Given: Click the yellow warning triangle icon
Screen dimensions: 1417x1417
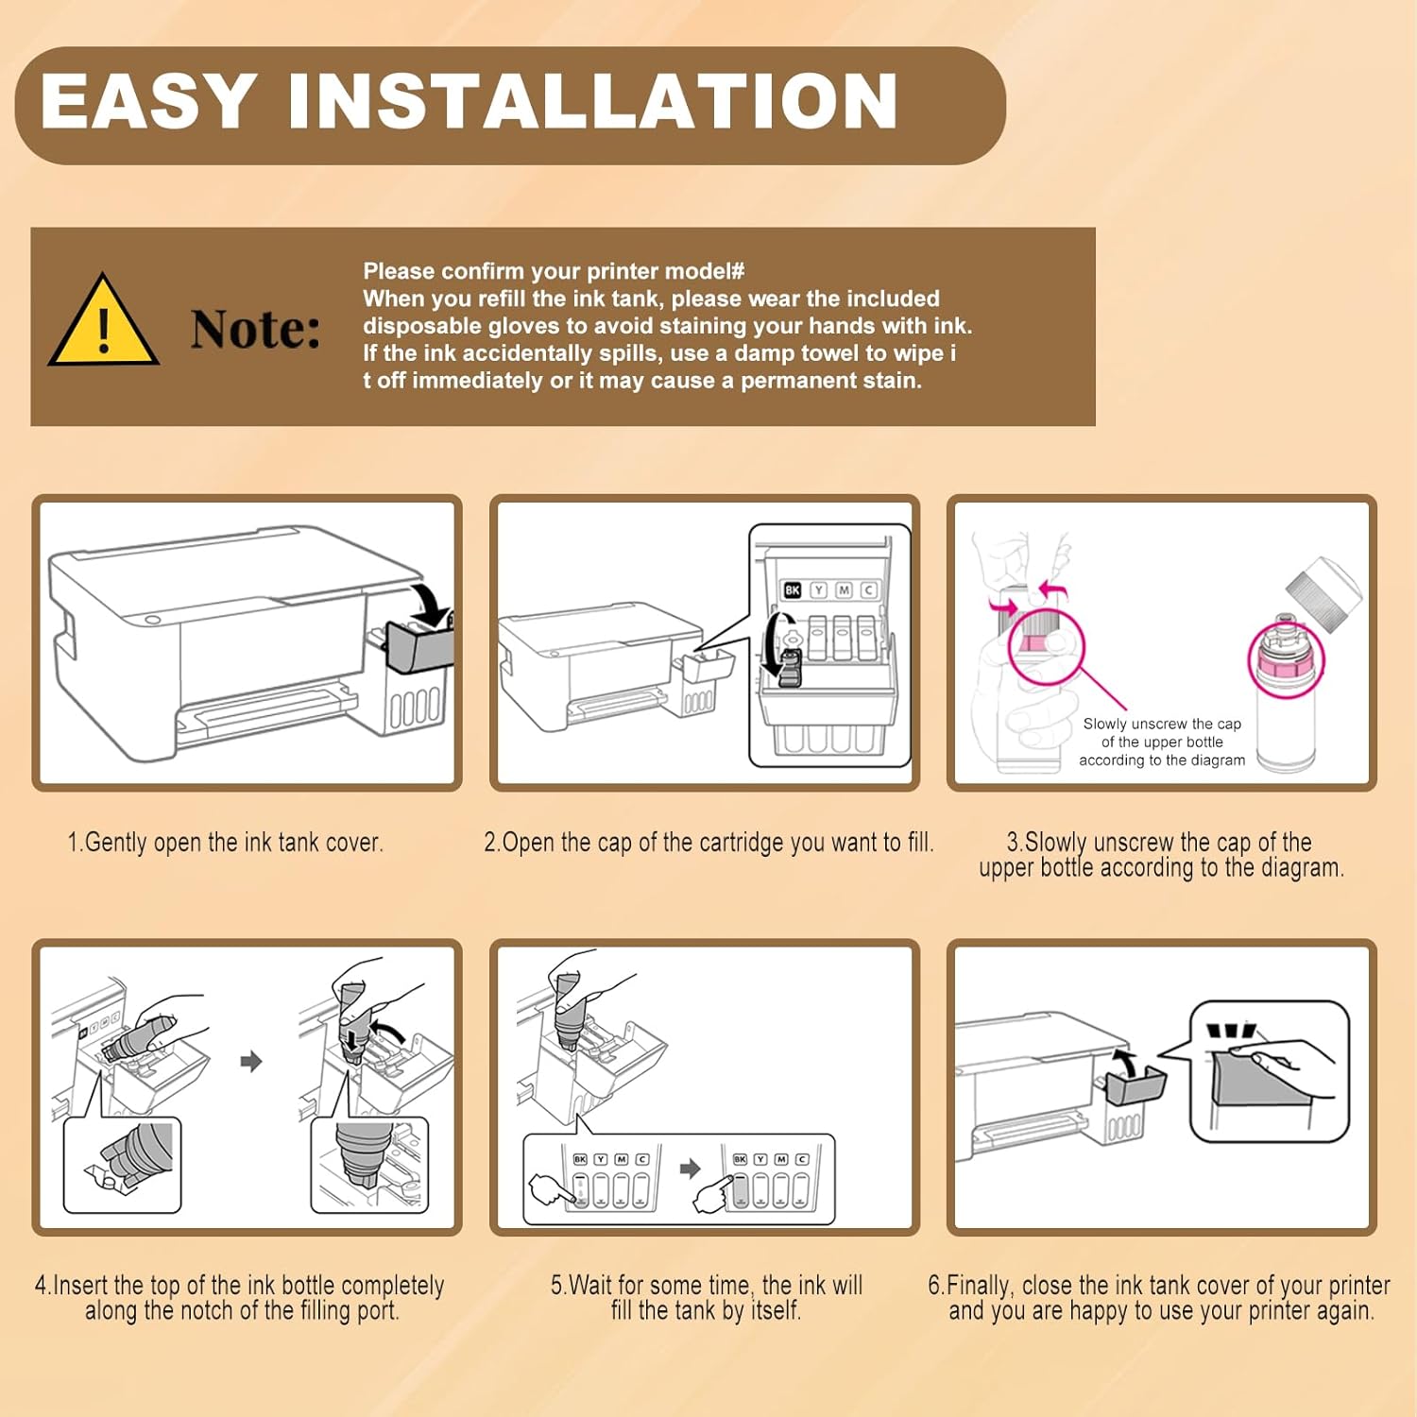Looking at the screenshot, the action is point(103,321).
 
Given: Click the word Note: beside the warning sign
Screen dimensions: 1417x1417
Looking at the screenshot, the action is point(255,329).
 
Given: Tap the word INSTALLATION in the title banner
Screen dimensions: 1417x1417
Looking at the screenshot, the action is point(593,101).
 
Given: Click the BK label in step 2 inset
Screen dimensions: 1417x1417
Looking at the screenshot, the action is point(792,589).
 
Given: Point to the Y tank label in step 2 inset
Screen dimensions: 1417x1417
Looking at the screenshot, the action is point(818,589).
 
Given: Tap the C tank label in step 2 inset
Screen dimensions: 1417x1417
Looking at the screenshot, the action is point(869,589).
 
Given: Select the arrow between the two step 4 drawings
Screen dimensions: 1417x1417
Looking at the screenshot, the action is point(251,1062).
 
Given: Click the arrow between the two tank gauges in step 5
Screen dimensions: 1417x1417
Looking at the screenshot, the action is point(691,1169).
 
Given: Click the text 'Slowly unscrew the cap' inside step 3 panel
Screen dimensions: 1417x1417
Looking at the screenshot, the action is point(1162,724).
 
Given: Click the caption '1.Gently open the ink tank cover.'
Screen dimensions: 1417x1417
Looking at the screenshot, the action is point(225,842).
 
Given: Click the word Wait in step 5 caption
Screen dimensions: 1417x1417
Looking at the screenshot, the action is point(591,1285).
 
